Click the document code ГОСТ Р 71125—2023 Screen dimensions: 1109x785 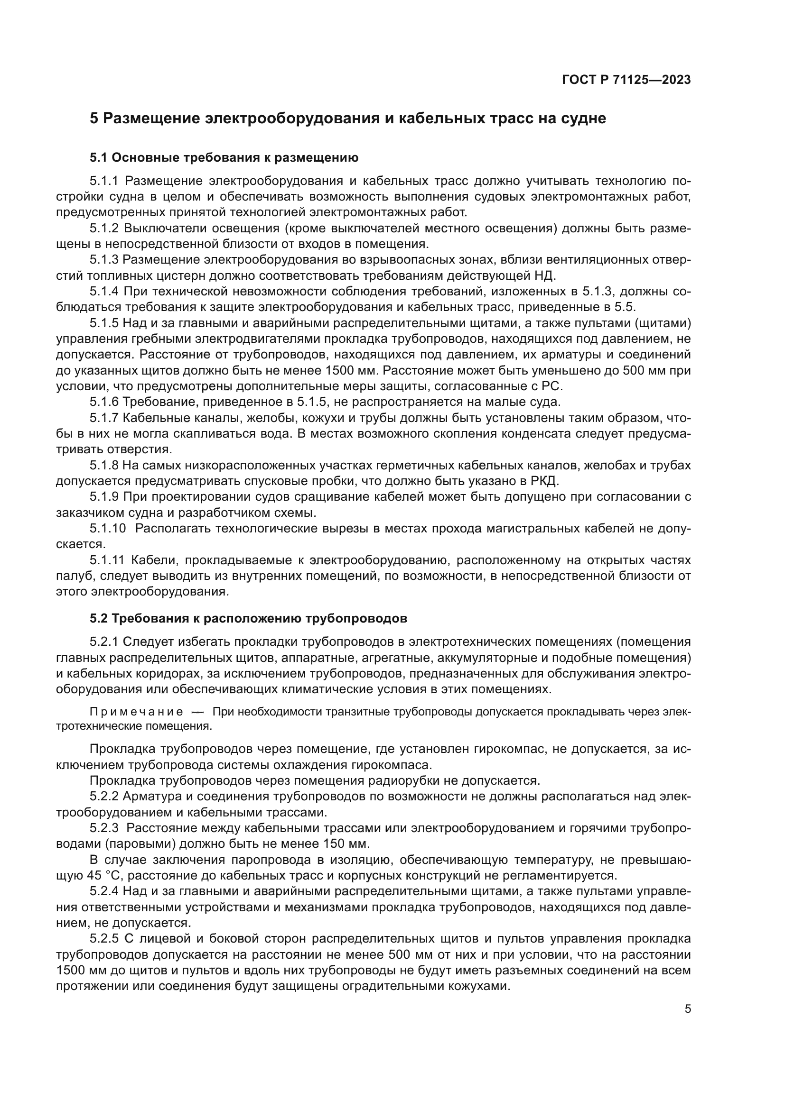626,80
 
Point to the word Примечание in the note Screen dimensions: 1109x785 136,712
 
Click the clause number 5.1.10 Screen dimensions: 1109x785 107,528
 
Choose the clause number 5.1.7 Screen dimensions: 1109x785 103,417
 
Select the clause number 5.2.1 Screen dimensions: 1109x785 103,642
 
